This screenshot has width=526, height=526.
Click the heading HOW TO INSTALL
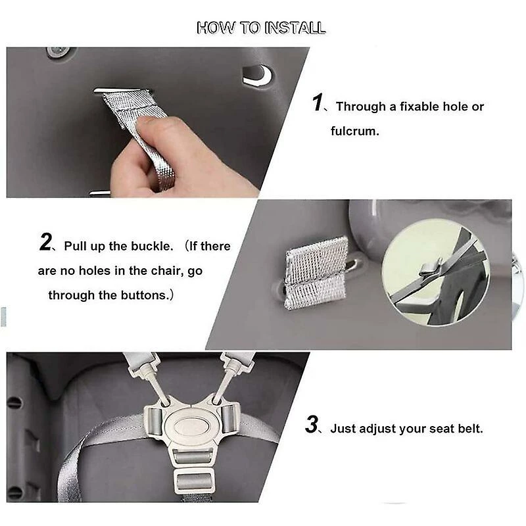point(261,28)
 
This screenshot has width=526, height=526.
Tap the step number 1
point(317,103)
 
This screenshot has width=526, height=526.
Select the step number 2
point(45,242)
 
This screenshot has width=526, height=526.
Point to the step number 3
point(312,424)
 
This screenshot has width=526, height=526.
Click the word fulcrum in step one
point(354,131)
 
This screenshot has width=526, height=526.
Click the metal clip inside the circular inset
point(429,268)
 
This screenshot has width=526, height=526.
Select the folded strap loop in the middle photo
point(316,273)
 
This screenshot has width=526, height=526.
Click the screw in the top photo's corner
point(59,51)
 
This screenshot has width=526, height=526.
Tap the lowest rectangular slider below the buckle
point(193,481)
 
